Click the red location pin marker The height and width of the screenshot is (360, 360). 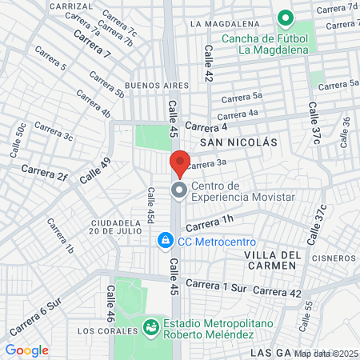(x=180, y=162)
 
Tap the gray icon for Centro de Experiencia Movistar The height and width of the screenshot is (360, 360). (x=179, y=190)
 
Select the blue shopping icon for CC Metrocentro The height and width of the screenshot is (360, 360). (x=165, y=239)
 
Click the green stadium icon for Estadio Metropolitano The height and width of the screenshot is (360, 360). (x=150, y=327)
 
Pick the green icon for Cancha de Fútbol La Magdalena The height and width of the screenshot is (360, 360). (x=283, y=18)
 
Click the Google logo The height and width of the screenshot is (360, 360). (x=26, y=350)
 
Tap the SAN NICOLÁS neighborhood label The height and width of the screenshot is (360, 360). (x=238, y=142)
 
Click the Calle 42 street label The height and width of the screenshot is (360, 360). (x=209, y=64)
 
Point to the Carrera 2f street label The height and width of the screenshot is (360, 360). (x=45, y=171)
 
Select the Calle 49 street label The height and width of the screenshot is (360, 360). (x=95, y=169)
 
